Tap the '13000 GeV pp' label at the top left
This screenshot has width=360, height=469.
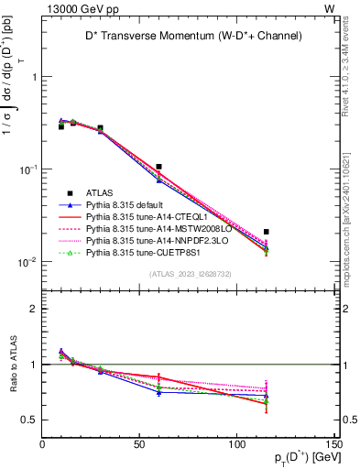coord(76,7)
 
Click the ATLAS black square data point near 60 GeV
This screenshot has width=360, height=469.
coord(159,167)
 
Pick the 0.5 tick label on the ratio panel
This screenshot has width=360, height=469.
coord(29,420)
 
